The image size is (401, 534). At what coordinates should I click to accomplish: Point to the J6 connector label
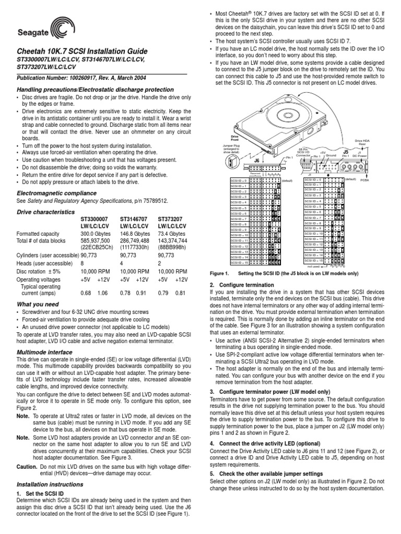[x=256, y=161]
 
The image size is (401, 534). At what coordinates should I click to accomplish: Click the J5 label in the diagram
[x=345, y=151]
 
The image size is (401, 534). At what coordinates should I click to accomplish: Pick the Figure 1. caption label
[x=219, y=273]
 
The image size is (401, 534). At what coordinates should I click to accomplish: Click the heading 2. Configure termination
[x=242, y=285]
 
